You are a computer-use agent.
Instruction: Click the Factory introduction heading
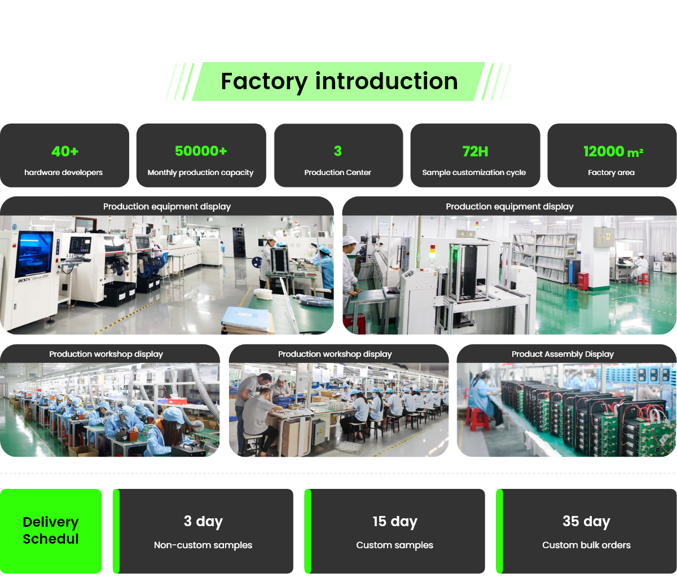pyautogui.click(x=338, y=81)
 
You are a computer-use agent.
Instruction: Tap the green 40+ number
pyautogui.click(x=65, y=151)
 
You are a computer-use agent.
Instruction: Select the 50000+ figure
pyautogui.click(x=201, y=151)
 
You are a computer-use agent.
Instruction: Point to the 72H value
pyautogui.click(x=475, y=151)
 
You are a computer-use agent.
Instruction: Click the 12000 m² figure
pyautogui.click(x=613, y=151)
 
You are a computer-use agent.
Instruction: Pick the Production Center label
pyautogui.click(x=337, y=172)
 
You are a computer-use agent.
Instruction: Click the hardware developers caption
pyautogui.click(x=64, y=172)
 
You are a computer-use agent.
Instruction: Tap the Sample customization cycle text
pyautogui.click(x=474, y=172)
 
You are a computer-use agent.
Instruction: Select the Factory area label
pyautogui.click(x=611, y=172)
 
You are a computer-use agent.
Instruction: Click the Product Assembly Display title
pyautogui.click(x=562, y=354)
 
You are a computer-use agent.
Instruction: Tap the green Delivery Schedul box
pyautogui.click(x=51, y=531)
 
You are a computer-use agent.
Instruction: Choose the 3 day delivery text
pyautogui.click(x=203, y=521)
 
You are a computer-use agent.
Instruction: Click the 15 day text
pyautogui.click(x=395, y=521)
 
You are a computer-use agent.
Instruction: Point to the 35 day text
pyautogui.click(x=586, y=521)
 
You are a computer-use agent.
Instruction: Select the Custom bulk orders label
pyautogui.click(x=586, y=545)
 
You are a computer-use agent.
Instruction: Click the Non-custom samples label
pyautogui.click(x=203, y=545)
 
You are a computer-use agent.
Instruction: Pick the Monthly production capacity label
pyautogui.click(x=200, y=172)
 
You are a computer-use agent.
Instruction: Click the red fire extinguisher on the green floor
pyautogui.click(x=583, y=281)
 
